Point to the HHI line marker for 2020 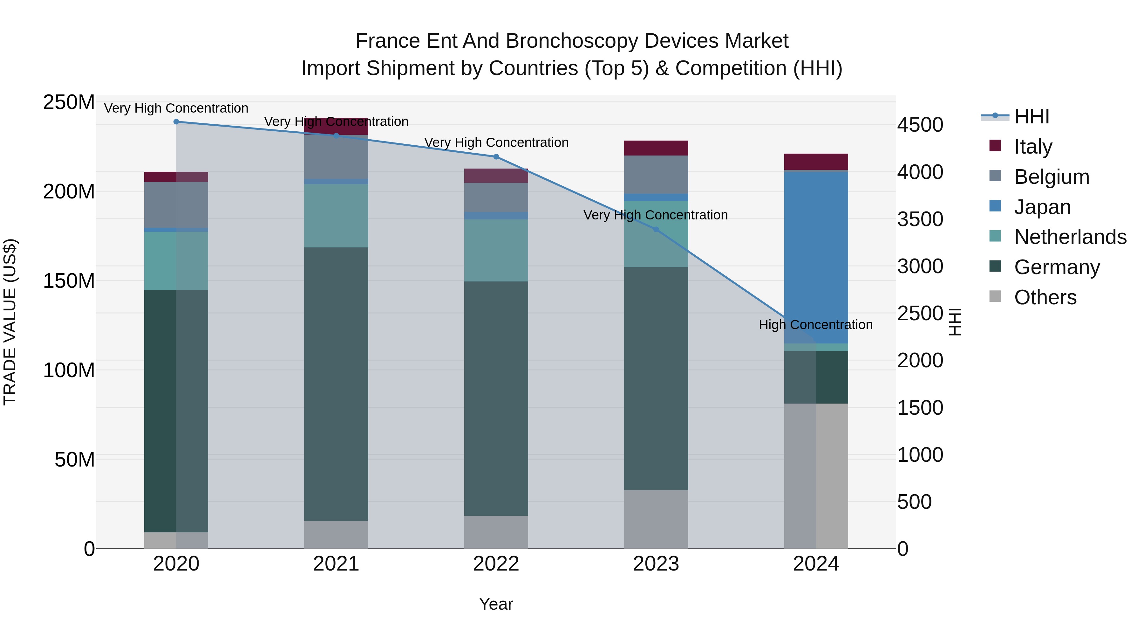(x=176, y=121)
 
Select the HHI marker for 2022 (x=496, y=156)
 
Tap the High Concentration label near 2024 (x=815, y=325)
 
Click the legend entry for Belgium (x=1051, y=177)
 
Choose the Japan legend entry (x=1042, y=207)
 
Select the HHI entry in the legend (x=1031, y=116)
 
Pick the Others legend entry (x=1045, y=297)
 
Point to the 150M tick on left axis (x=69, y=281)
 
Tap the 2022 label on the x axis (x=496, y=564)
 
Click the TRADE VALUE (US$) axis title (x=10, y=322)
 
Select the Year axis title (x=496, y=604)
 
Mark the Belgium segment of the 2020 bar (x=176, y=204)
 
